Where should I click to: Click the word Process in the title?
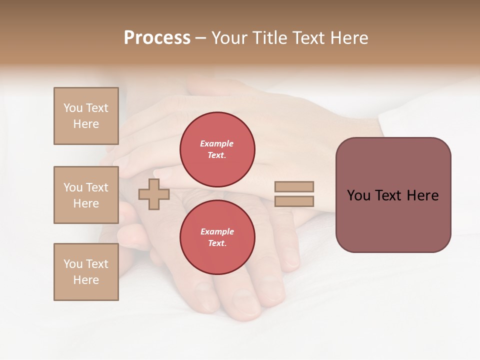[x=157, y=38]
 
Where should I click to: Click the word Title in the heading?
[x=273, y=38]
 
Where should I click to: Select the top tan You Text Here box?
[x=86, y=116]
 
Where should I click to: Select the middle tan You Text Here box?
[x=86, y=195]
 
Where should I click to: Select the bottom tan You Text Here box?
[x=86, y=272]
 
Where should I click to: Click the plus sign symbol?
[x=153, y=194]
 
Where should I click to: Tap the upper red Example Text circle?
[x=217, y=149]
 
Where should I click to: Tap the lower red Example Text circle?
[x=217, y=237]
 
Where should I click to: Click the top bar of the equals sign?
[x=294, y=186]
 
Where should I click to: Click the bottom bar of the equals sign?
[x=294, y=201]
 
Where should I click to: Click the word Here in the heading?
[x=349, y=38]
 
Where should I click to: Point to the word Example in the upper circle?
[x=217, y=143]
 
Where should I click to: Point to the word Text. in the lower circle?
[x=217, y=243]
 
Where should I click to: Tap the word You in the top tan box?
[x=72, y=108]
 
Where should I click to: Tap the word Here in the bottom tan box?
[x=86, y=280]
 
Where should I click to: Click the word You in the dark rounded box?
[x=358, y=195]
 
